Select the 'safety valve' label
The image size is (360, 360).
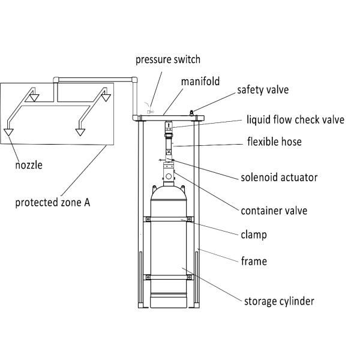(x=263, y=90)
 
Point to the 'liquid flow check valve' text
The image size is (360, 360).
(x=295, y=119)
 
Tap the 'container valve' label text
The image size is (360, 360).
(x=274, y=211)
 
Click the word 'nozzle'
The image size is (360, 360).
(x=29, y=163)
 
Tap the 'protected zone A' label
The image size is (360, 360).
(x=53, y=202)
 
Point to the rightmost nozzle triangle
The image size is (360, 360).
(x=106, y=94)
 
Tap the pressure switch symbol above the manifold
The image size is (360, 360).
(x=151, y=110)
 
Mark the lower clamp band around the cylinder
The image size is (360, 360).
(x=169, y=277)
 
